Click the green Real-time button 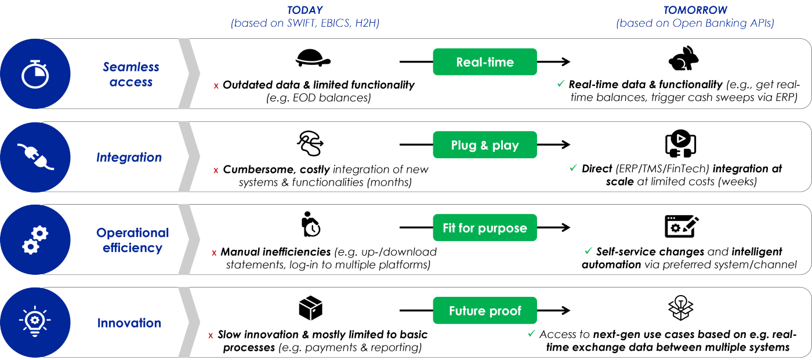485,62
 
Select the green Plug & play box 485,145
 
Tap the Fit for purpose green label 485,228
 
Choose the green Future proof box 485,311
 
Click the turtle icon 313,58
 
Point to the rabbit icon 683,59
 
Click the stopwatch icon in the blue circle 35,74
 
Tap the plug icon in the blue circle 35,157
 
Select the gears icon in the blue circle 35,240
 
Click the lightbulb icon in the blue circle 35,322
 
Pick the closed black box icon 311,308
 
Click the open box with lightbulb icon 681,308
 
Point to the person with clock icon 311,224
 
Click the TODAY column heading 305,10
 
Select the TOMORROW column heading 695,10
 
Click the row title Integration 129,157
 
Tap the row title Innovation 129,323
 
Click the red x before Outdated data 216,86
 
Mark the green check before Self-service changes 588,250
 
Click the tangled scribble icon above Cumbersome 310,143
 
